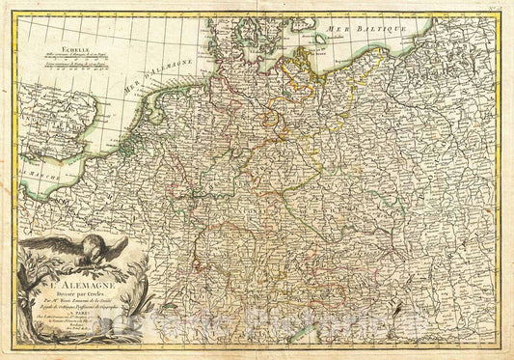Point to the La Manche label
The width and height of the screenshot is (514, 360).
pyautogui.click(x=39, y=174)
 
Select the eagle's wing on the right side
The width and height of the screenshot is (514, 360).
pyautogui.click(x=114, y=249)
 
